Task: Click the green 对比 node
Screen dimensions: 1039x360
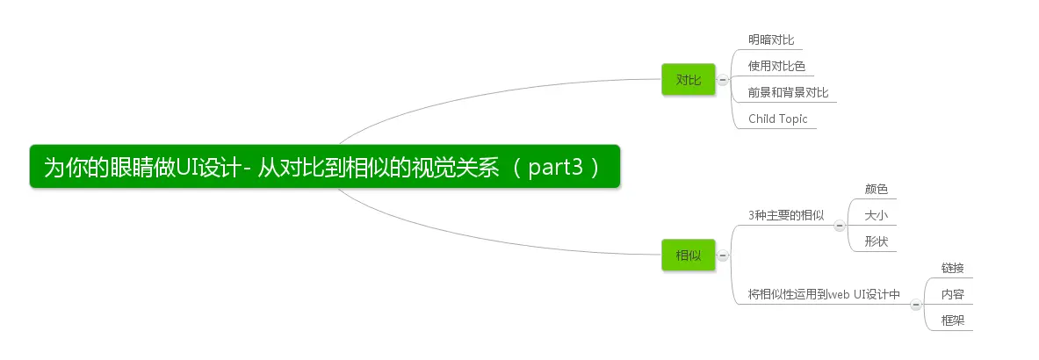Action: pyautogui.click(x=689, y=80)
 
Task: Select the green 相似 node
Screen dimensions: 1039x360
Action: pyautogui.click(x=689, y=256)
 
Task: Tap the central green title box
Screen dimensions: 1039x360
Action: pyautogui.click(x=324, y=167)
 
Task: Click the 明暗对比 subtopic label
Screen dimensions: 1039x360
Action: pyautogui.click(x=770, y=40)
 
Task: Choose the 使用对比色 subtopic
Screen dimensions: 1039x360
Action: pyautogui.click(x=776, y=66)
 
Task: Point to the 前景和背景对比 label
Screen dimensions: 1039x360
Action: pyautogui.click(x=788, y=92)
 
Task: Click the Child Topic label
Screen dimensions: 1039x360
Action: pyautogui.click(x=777, y=119)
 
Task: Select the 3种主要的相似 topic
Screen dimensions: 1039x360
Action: pyautogui.click(x=785, y=215)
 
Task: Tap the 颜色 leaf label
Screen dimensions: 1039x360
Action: pyautogui.click(x=876, y=189)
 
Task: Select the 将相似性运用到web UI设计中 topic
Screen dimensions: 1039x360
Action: pyautogui.click(x=824, y=294)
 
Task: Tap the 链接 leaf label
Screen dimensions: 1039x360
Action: pyautogui.click(x=952, y=268)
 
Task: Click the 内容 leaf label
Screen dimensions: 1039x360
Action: pyautogui.click(x=952, y=294)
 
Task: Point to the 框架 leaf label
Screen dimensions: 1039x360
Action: pyautogui.click(x=952, y=320)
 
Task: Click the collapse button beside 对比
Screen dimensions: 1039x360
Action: pyautogui.click(x=723, y=80)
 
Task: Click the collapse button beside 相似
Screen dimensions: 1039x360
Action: pyautogui.click(x=723, y=256)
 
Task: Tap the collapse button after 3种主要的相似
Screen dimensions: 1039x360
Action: pyautogui.click(x=839, y=226)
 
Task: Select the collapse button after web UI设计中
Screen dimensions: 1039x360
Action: pyautogui.click(x=916, y=305)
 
